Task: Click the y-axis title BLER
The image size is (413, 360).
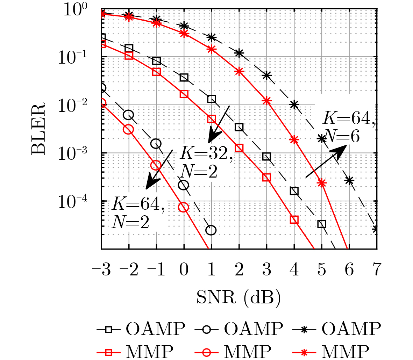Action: [39, 129]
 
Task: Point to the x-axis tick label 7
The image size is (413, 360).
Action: [377, 270]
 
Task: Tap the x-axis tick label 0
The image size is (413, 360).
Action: [184, 270]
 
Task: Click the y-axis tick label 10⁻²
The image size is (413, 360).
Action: [78, 106]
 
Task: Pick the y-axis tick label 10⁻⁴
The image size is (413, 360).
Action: [78, 202]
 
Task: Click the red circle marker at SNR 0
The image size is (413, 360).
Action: [184, 207]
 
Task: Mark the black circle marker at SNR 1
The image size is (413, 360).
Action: [211, 230]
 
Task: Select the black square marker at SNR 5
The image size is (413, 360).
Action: [322, 224]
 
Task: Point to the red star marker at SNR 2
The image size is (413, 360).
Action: [239, 71]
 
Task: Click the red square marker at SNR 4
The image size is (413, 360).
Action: [294, 219]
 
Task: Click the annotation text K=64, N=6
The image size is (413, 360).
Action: [348, 127]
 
